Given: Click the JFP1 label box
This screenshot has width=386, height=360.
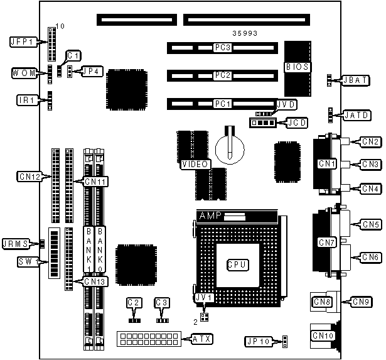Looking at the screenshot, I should point(21,42).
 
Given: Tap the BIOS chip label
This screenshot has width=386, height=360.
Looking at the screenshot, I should point(296,66).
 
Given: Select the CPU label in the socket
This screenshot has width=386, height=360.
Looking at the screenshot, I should point(237,265).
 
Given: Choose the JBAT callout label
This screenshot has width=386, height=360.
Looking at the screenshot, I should point(351,80).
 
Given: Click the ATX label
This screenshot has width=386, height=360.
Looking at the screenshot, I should point(201,340).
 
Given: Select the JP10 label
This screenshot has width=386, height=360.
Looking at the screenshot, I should point(258,342).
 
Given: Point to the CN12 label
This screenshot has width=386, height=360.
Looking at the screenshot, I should point(29,177).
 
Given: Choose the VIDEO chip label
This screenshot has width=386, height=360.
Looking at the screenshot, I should point(194,165).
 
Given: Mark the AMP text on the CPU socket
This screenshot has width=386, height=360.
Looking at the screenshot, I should point(211,216).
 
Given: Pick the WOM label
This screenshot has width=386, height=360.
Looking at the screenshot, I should point(23,73).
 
